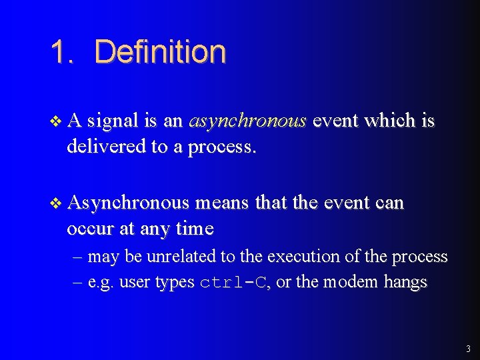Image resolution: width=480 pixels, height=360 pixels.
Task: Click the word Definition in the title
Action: pos(160,52)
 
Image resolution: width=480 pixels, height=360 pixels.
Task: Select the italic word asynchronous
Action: pos(247,121)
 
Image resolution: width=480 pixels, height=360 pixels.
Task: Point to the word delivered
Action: pos(107,147)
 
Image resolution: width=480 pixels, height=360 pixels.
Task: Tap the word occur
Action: pos(91,229)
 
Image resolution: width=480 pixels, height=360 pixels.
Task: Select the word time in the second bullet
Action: pos(195,229)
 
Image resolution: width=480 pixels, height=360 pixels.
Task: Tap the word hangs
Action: pos(405,283)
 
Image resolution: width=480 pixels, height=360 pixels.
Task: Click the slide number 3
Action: pos(468,348)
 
